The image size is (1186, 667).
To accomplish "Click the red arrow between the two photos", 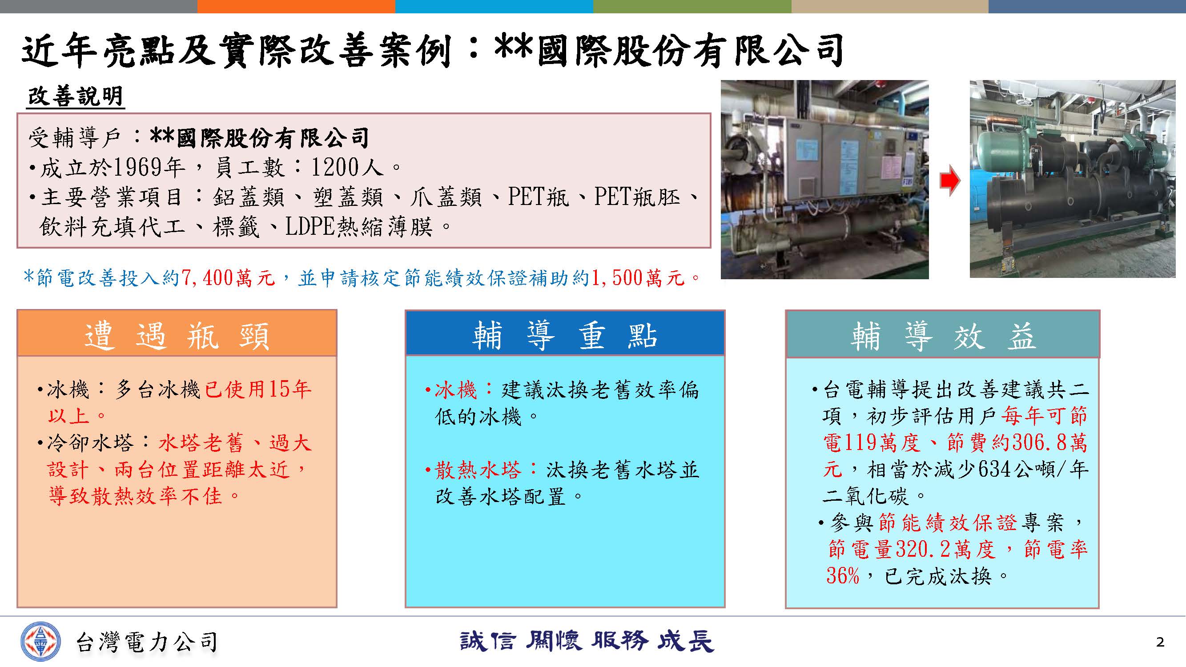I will [x=950, y=180].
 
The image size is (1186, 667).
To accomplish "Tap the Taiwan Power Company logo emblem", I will [x=40, y=641].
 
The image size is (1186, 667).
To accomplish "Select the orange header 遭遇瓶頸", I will [x=177, y=334].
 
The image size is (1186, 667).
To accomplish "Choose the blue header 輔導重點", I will [x=565, y=334].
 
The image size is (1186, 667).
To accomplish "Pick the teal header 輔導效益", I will [x=942, y=335].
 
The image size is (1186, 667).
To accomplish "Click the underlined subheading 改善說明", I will [x=76, y=96].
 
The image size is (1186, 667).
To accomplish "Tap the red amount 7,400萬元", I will [x=228, y=278].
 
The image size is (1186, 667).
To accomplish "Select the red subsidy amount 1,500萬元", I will [x=638, y=278].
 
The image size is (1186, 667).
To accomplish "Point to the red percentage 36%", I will [x=843, y=575].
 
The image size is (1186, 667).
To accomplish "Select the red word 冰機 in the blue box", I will [x=455, y=390].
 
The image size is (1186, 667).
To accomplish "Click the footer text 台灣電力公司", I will [x=146, y=642].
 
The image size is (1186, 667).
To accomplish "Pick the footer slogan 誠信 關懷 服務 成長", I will [x=587, y=641].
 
